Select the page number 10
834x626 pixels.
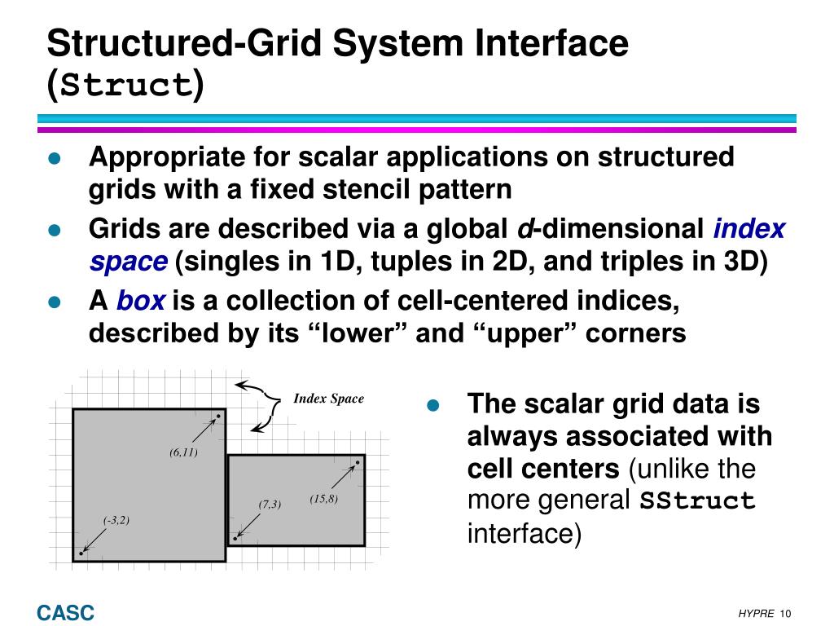coord(786,614)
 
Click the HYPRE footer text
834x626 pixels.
coord(757,614)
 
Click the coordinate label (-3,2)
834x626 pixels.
coord(116,520)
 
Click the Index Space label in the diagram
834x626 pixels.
coord(328,399)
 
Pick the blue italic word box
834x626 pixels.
coord(141,302)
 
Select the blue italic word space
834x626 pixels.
coord(128,262)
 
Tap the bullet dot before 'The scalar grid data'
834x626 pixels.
coord(433,405)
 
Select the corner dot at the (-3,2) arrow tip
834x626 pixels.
coord(81,553)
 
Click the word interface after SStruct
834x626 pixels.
coord(524,534)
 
